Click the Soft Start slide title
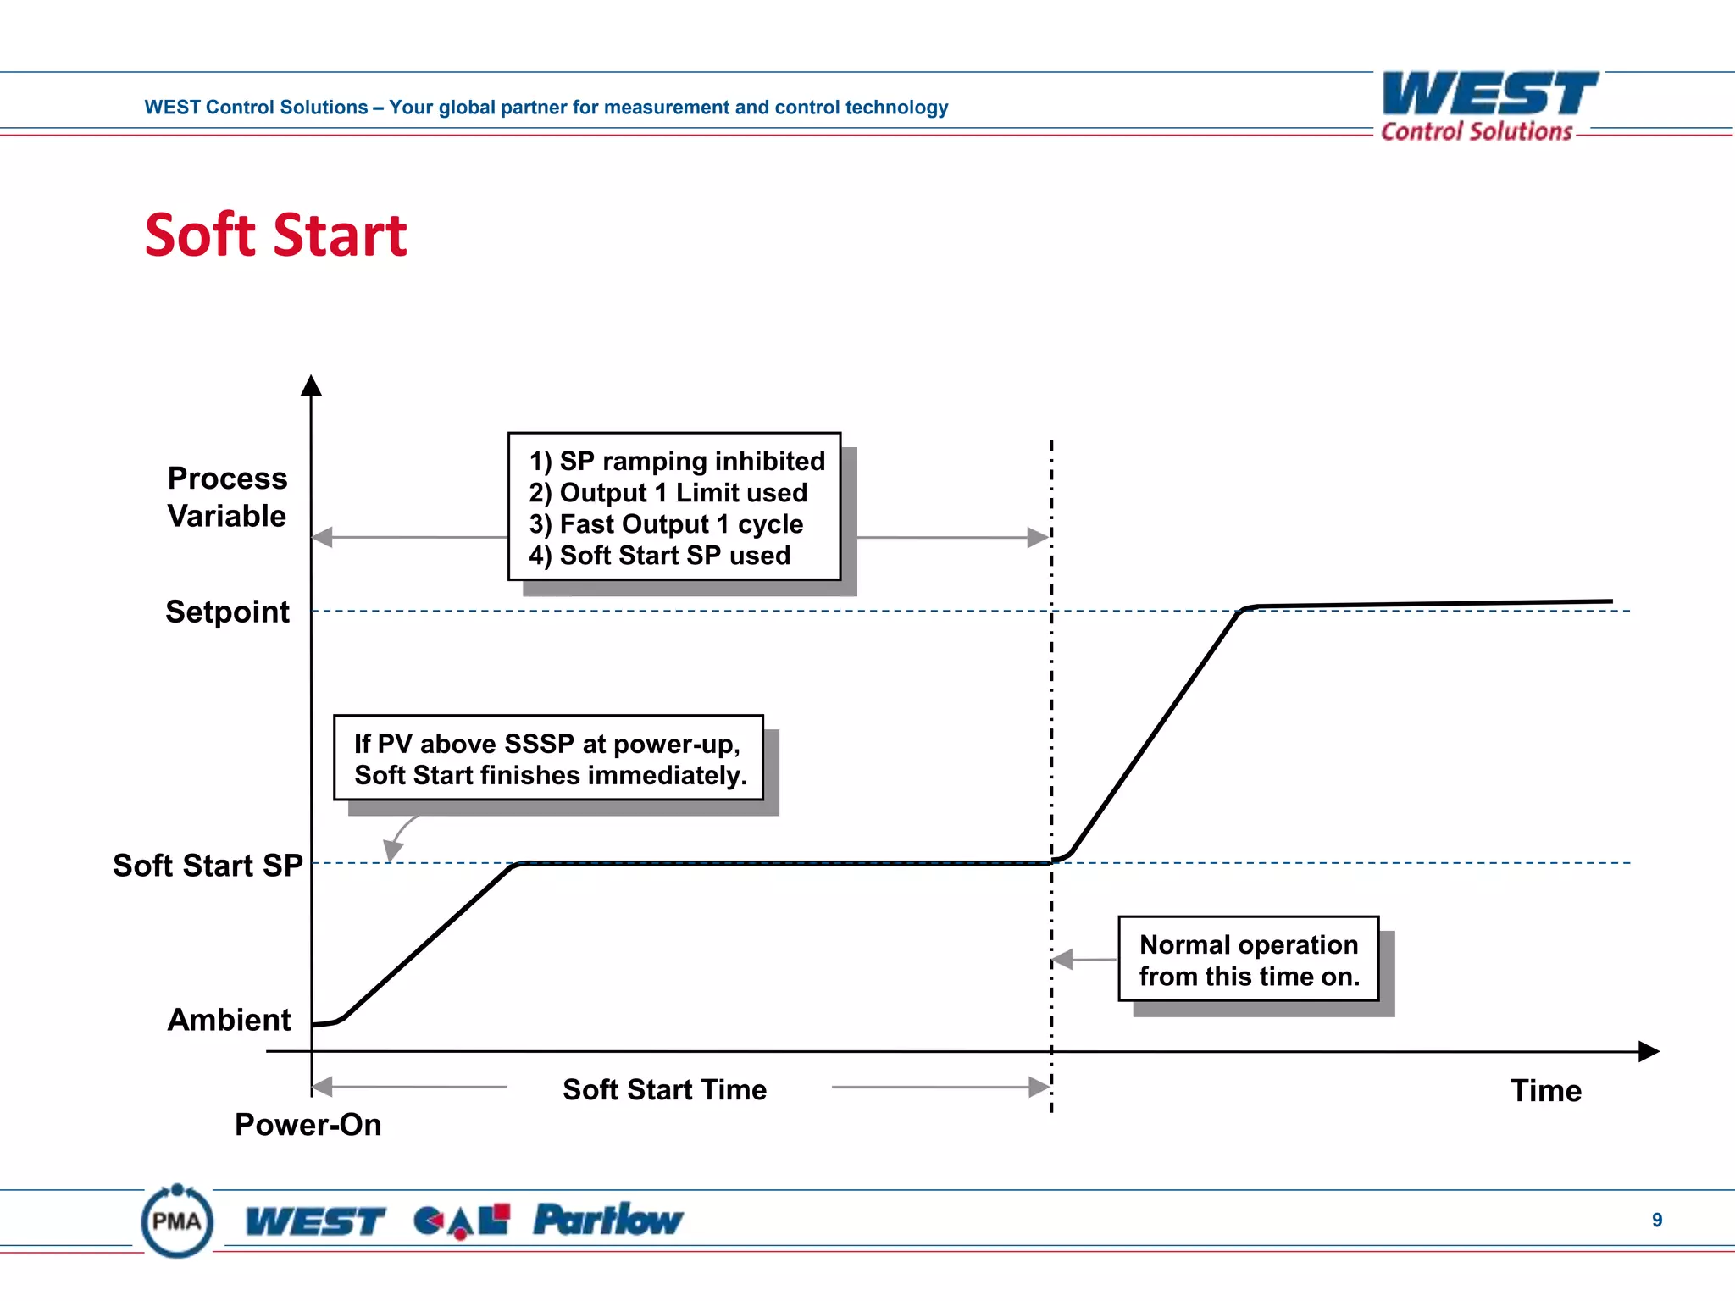pos(275,235)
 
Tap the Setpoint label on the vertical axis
pos(227,612)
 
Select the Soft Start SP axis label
pos(208,866)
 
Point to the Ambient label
pos(229,1020)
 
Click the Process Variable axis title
pos(227,497)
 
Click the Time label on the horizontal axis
pos(1545,1091)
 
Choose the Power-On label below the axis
pos(308,1125)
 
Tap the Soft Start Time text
pos(664,1089)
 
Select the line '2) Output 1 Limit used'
pos(668,492)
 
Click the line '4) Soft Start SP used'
pos(659,556)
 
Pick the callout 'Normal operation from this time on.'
pos(1248,960)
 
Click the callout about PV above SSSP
pos(549,759)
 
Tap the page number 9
pos(1656,1220)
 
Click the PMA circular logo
pos(177,1221)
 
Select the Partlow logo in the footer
pos(607,1221)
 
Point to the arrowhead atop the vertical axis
pos(311,385)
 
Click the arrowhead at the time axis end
pos(1648,1051)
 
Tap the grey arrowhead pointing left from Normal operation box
pos(1062,960)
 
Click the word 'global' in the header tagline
pos(467,108)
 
